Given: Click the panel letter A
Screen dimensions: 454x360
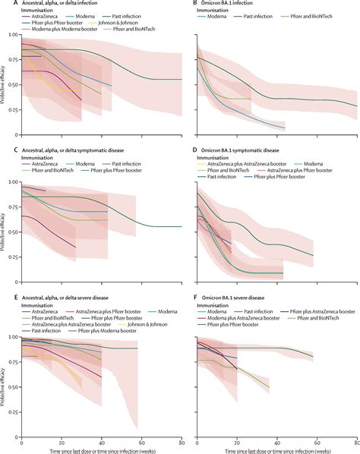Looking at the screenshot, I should pyautogui.click(x=3, y=4).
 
